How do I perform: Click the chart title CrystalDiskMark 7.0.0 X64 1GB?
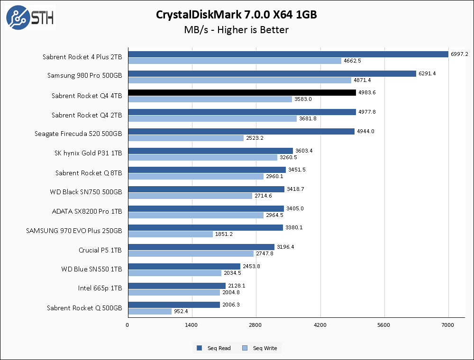tap(237, 15)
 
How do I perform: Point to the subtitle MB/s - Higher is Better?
tap(237, 30)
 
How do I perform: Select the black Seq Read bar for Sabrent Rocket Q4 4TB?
tap(242, 92)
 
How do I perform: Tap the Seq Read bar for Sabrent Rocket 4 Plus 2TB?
tap(288, 54)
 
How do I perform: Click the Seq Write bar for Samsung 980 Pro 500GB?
tap(239, 80)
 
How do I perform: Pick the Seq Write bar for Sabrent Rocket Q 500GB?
tap(149, 311)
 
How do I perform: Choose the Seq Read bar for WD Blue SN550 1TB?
tap(184, 266)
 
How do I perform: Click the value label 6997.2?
tap(459, 54)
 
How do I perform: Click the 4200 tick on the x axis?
tap(320, 325)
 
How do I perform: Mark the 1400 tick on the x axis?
tap(191, 325)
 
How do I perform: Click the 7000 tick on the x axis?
tap(448, 325)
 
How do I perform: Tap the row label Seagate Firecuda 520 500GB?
tap(78, 134)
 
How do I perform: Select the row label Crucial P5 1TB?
tap(100, 250)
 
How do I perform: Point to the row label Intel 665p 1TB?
tap(100, 288)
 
